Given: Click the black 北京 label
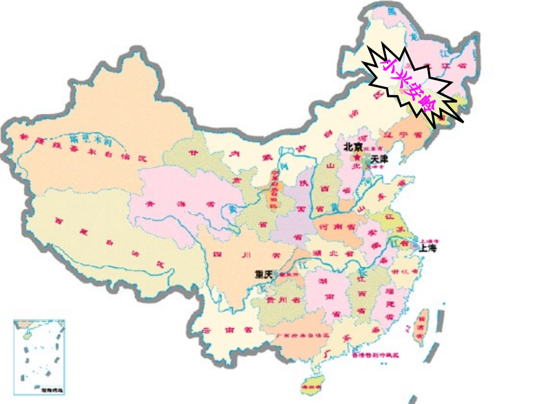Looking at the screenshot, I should pyautogui.click(x=352, y=146).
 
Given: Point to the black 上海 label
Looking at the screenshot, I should pyautogui.click(x=428, y=248).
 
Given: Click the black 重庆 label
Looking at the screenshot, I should pyautogui.click(x=264, y=274).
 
